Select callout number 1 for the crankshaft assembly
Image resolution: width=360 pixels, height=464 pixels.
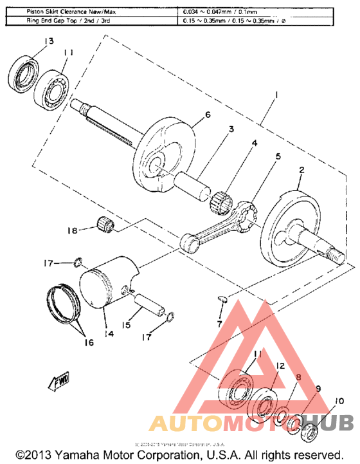pos(274,95)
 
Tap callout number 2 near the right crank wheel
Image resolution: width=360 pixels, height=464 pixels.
pos(300,171)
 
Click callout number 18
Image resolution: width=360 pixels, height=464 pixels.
pos(73,230)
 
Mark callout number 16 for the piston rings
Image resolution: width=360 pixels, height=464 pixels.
pos(87,342)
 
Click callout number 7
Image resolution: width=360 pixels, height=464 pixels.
pos(220,322)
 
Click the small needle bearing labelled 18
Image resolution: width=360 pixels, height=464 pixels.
pos(105,224)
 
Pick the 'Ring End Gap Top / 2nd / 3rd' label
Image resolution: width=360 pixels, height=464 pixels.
pos(91,21)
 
